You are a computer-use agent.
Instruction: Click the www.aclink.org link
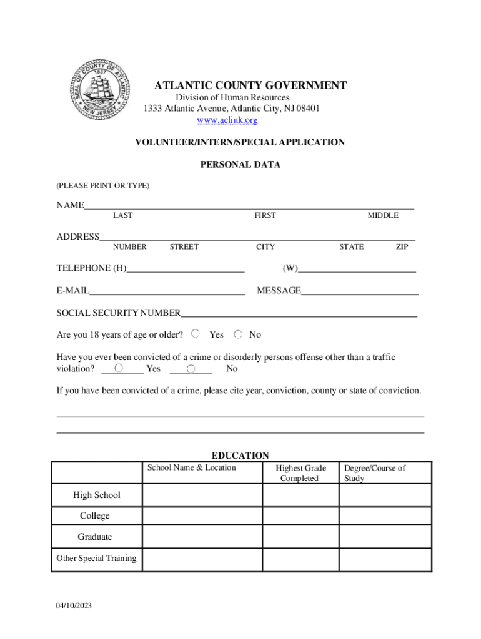227,120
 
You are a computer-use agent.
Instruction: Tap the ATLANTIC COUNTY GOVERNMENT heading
250,85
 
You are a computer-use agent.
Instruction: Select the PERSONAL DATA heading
240,165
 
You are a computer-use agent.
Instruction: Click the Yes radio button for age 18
196,334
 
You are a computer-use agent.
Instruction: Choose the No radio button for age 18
239,334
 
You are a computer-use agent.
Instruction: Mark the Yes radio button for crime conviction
119,369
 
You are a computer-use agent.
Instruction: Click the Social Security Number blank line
299,314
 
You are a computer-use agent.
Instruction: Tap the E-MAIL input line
167,291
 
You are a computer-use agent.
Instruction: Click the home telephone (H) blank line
185,269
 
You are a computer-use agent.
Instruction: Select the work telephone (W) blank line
357,269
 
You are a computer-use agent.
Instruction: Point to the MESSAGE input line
360,291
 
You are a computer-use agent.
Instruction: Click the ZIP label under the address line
402,247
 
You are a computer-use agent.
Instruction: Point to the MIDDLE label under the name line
382,215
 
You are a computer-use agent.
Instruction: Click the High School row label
97,495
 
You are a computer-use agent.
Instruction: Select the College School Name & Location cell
202,515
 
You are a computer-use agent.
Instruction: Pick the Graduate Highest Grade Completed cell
300,537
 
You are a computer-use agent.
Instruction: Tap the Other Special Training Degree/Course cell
385,558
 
